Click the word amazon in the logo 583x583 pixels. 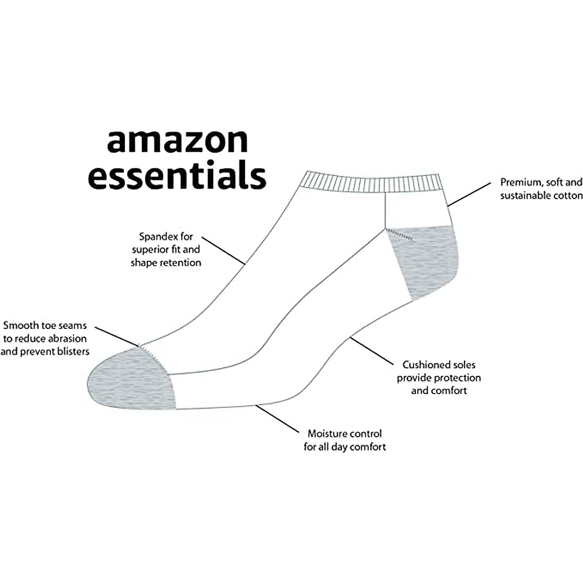tap(177, 141)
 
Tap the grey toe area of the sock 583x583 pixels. tap(131, 377)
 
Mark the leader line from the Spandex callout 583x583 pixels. tap(223, 251)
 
